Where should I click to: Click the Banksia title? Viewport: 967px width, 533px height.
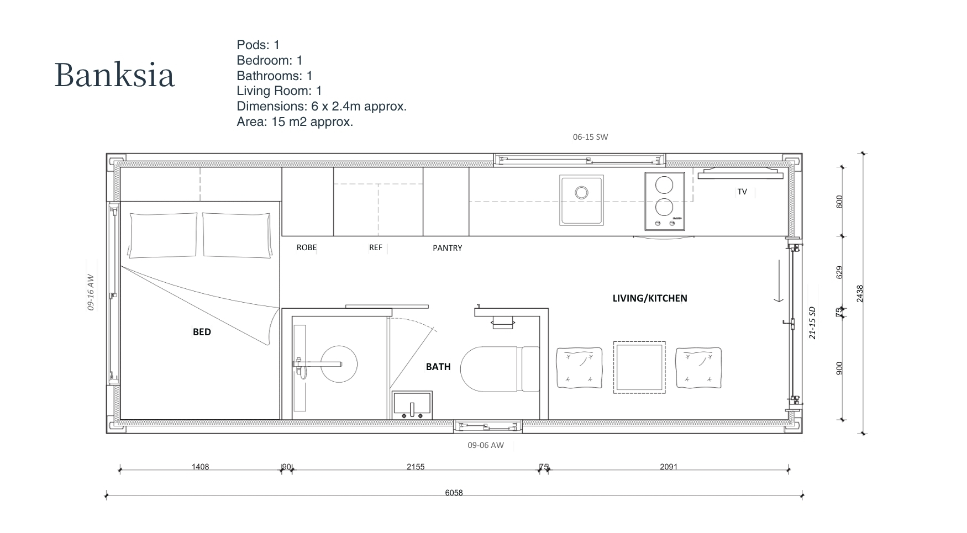[x=114, y=75]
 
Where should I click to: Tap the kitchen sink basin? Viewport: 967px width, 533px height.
[x=581, y=200]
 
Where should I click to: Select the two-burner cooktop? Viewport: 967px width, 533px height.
[x=664, y=200]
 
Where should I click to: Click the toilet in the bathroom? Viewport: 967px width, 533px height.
[x=500, y=369]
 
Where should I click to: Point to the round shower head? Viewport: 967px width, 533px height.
[x=339, y=364]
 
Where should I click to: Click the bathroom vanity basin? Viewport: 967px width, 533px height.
[x=412, y=405]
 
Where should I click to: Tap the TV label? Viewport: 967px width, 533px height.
[x=742, y=192]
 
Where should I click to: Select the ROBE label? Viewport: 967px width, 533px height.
[x=307, y=247]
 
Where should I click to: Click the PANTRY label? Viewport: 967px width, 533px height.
[x=448, y=248]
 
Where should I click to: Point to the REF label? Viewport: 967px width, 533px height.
[x=376, y=247]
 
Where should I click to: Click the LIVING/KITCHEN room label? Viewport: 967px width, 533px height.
[x=650, y=298]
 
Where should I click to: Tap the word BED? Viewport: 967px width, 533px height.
[x=202, y=332]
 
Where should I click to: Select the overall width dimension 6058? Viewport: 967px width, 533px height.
[x=454, y=493]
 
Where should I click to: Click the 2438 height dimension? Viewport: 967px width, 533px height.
[x=859, y=293]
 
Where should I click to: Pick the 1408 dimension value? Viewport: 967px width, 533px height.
[x=201, y=467]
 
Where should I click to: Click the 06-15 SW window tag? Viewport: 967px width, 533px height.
[x=590, y=137]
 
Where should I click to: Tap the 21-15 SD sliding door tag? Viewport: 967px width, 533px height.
[x=812, y=323]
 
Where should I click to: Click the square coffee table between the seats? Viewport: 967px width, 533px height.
[x=639, y=367]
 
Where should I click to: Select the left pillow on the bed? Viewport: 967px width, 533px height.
[x=163, y=235]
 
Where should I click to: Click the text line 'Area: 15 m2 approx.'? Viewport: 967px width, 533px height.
[x=295, y=122]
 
